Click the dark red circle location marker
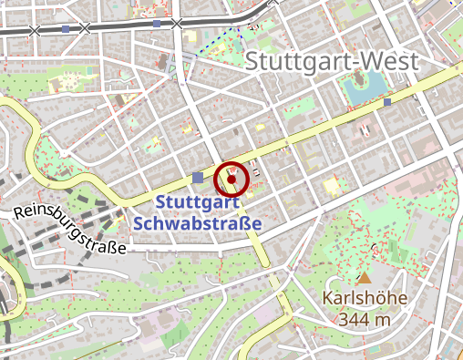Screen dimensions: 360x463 (x=231, y=177)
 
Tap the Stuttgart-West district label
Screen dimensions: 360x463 (x=333, y=62)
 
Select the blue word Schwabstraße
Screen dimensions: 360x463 (x=197, y=223)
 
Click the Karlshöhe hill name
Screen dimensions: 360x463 (x=364, y=299)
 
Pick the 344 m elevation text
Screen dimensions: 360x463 (x=364, y=319)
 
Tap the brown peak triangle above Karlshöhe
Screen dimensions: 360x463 (x=365, y=277)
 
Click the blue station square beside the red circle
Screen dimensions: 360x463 (x=199, y=177)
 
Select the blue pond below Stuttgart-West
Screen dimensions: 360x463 (x=361, y=88)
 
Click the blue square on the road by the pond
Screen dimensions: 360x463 (x=387, y=102)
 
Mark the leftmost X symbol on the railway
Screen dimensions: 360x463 (x=35, y=30)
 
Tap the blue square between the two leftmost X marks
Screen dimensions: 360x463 (x=66, y=28)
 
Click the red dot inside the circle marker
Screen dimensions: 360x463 (x=231, y=177)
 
